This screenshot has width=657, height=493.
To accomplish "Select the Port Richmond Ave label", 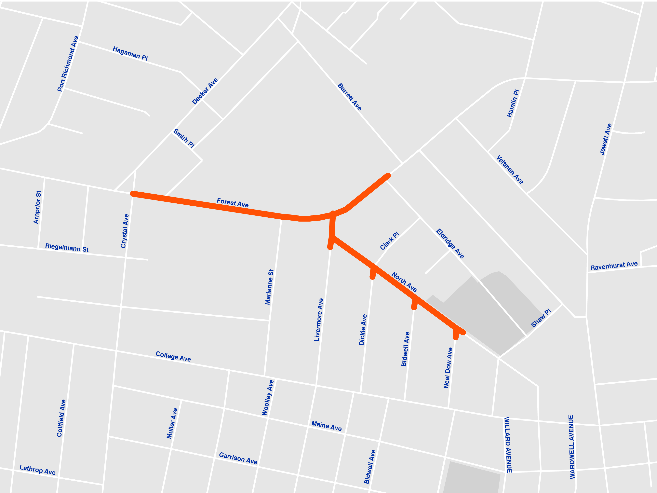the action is [68, 64].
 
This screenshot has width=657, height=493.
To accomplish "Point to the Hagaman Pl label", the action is [130, 53].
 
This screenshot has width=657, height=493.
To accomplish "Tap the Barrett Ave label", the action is [350, 97].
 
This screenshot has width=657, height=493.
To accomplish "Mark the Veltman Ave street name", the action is [510, 170].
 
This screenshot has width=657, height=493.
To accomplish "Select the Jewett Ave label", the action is [605, 139].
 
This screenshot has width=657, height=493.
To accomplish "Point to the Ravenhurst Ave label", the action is [614, 266].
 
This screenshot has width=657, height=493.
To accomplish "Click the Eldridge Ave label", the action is [450, 244].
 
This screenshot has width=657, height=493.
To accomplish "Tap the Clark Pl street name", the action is [389, 241].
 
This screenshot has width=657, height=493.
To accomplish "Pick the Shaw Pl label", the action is [541, 318].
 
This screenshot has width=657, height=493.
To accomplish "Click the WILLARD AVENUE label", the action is [508, 445].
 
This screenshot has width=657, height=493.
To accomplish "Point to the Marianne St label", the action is [269, 287].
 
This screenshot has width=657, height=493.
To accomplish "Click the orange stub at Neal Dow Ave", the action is [456, 334].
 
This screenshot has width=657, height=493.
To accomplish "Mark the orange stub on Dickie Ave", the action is [373, 273].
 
